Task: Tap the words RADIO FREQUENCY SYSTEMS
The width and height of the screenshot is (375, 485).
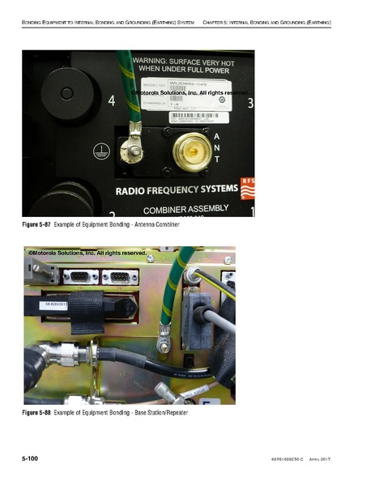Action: click(177, 191)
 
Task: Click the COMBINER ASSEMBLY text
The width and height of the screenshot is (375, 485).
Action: click(185, 208)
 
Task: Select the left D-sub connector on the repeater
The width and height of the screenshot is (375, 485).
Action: click(79, 277)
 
